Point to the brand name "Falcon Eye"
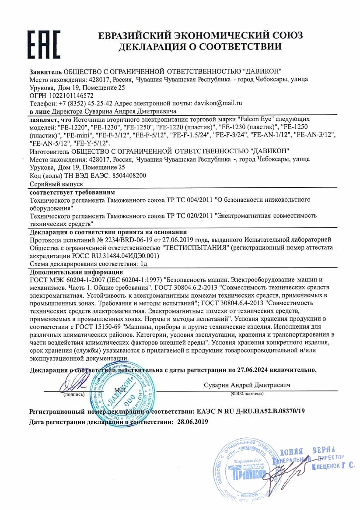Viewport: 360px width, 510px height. [259, 119]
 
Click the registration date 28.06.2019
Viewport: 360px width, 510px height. [193, 422]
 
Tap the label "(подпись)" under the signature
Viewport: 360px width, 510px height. [74, 394]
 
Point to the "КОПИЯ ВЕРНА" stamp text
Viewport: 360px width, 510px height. [307, 452]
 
